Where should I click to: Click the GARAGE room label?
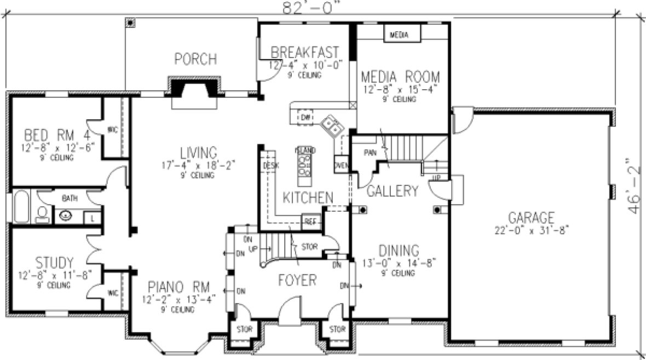530,217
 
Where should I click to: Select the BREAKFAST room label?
305,52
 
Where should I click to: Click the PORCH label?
195,59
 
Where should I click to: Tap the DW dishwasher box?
305,118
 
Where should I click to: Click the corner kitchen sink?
332,126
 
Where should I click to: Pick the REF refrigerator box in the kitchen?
310,221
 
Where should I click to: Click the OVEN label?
340,165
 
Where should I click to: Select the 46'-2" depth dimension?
633,186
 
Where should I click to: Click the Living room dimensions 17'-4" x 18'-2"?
189,165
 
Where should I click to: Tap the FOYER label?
297,281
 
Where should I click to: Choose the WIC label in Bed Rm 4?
113,130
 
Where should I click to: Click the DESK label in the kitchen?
269,165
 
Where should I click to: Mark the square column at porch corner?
130,22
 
